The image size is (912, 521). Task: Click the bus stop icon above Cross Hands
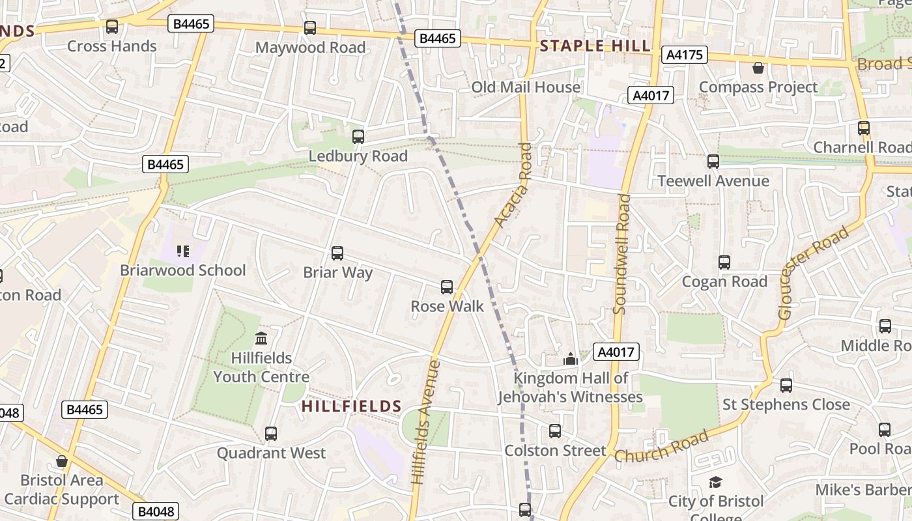(112, 27)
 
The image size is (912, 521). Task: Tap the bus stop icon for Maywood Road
(310, 28)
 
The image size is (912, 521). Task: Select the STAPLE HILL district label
(595, 46)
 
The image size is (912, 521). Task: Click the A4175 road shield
(685, 55)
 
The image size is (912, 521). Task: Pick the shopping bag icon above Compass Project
(758, 68)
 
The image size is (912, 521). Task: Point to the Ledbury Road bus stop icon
(358, 137)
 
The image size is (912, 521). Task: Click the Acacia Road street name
(514, 185)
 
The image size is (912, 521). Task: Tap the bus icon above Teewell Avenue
(713, 162)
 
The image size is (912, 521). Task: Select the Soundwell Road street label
(622, 254)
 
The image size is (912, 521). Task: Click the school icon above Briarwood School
(183, 251)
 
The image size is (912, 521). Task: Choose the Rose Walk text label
(447, 306)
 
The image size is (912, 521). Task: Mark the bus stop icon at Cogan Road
(724, 262)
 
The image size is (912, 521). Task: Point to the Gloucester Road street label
(814, 272)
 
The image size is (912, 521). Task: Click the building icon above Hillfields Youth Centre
(261, 339)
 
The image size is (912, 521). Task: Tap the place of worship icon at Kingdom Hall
(571, 359)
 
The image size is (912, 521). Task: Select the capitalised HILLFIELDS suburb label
(351, 406)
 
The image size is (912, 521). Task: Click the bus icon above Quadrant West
(271, 433)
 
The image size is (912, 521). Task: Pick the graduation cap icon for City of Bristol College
(715, 483)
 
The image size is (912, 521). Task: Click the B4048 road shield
(156, 511)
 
